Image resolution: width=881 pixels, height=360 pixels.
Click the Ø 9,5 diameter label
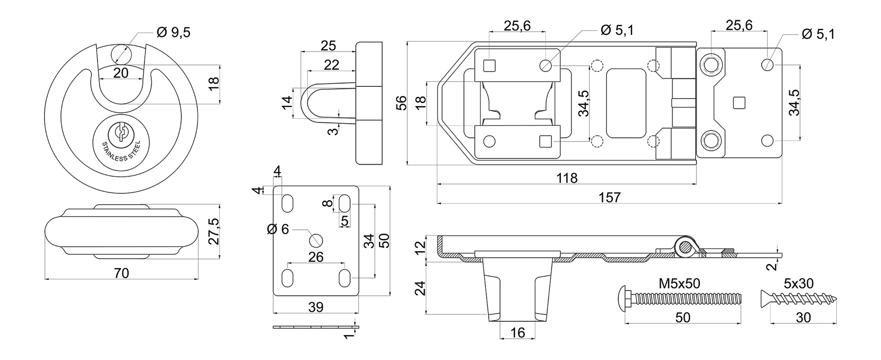[x=173, y=32]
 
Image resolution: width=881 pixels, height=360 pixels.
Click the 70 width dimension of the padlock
[x=121, y=273]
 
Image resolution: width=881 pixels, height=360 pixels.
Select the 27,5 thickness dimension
[x=214, y=231]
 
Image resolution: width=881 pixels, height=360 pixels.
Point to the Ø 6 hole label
[x=278, y=229]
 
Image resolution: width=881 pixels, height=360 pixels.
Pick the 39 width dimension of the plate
[x=316, y=307]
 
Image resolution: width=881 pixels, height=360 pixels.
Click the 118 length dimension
[x=566, y=178]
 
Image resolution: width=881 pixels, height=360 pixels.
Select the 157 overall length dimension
[x=609, y=198]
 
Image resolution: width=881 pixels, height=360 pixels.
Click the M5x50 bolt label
[x=679, y=283]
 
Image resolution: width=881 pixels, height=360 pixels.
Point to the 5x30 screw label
[x=798, y=283]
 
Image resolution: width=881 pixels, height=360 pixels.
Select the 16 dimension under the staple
[x=518, y=333]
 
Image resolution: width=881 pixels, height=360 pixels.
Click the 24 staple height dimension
[x=420, y=288]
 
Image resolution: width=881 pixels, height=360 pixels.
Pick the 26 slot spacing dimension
[x=316, y=257]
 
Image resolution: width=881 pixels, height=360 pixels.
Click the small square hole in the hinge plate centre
[x=738, y=103]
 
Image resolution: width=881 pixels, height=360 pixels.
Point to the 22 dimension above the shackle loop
[x=331, y=65]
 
